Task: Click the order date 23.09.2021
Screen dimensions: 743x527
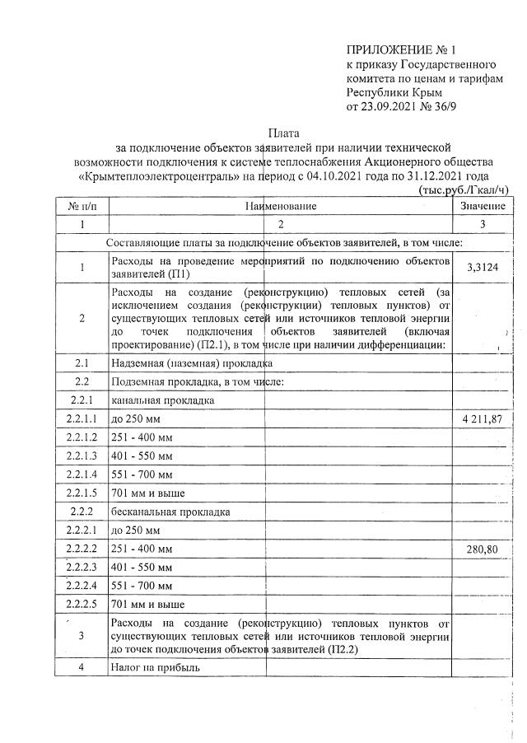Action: (390, 107)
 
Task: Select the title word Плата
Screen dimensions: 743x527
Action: (284, 132)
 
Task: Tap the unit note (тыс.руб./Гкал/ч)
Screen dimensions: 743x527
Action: (464, 189)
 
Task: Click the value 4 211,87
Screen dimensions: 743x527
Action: (483, 419)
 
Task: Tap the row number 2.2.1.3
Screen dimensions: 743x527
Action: (82, 456)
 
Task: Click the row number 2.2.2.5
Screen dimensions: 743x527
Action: (82, 603)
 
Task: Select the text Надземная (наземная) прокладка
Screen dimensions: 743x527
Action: (191, 362)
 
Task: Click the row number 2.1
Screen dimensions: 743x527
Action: (82, 362)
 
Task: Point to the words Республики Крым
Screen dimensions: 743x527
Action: (387, 92)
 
